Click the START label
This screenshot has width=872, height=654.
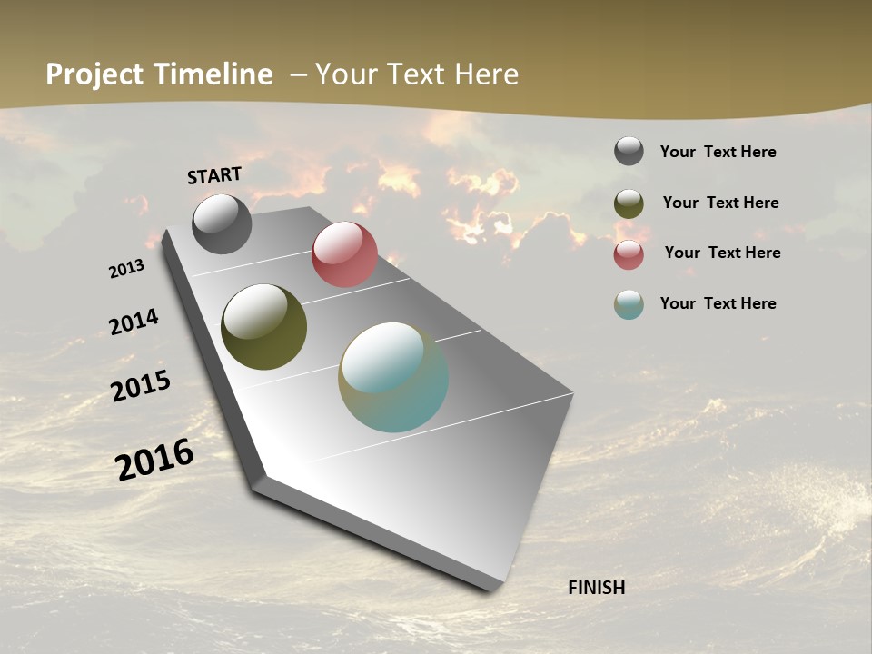[214, 175]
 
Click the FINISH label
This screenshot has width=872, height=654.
[596, 588]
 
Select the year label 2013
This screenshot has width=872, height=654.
[126, 269]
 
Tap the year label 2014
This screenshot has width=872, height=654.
[134, 322]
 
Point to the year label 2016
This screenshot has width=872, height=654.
[154, 460]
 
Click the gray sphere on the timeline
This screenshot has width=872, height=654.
[222, 224]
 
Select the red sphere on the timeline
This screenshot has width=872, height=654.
[344, 254]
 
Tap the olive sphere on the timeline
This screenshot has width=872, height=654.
[263, 327]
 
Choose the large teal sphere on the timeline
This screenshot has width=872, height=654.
[393, 377]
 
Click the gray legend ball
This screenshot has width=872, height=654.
[629, 151]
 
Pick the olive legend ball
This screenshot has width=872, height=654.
[629, 203]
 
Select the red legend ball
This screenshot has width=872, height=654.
[629, 254]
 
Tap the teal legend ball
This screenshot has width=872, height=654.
[629, 304]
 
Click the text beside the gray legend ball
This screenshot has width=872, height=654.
[718, 152]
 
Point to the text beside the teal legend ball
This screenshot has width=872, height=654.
[718, 303]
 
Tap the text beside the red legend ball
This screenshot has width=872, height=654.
[722, 253]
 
